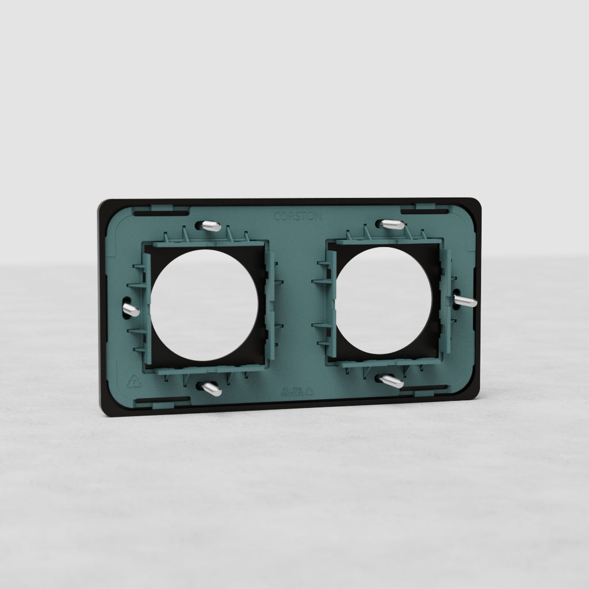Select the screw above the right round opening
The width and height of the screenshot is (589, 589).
pos(393,224)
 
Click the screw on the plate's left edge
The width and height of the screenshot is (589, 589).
pos(131,310)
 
